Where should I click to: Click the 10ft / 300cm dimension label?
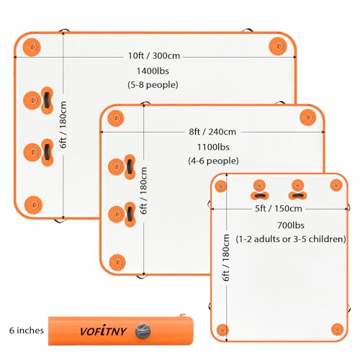tap(154, 55)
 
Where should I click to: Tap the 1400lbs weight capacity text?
tap(153, 71)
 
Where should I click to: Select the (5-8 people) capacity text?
tap(153, 85)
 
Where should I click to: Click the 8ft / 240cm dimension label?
tap(212, 132)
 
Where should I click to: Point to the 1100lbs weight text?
tap(213, 147)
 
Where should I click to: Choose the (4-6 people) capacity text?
tap(213, 161)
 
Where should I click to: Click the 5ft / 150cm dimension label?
tap(279, 209)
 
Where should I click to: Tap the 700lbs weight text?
tap(291, 225)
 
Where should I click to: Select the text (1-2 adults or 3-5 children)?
tap(291, 239)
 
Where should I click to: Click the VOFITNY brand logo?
tap(103, 331)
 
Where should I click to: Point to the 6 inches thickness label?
tap(27, 330)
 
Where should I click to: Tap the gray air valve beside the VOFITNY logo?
tap(143, 331)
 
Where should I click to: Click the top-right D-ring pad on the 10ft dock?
tap(278, 46)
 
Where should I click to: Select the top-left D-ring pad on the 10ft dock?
tap(32, 47)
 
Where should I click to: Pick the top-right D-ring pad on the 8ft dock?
tap(308, 117)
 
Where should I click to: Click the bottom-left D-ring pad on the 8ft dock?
tap(117, 262)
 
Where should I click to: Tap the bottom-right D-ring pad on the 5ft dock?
tap(337, 329)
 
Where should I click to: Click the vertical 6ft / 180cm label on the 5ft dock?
tap(225, 258)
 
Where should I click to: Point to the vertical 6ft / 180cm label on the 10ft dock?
tap(63, 125)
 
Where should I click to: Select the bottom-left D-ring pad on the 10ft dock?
tap(33, 205)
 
